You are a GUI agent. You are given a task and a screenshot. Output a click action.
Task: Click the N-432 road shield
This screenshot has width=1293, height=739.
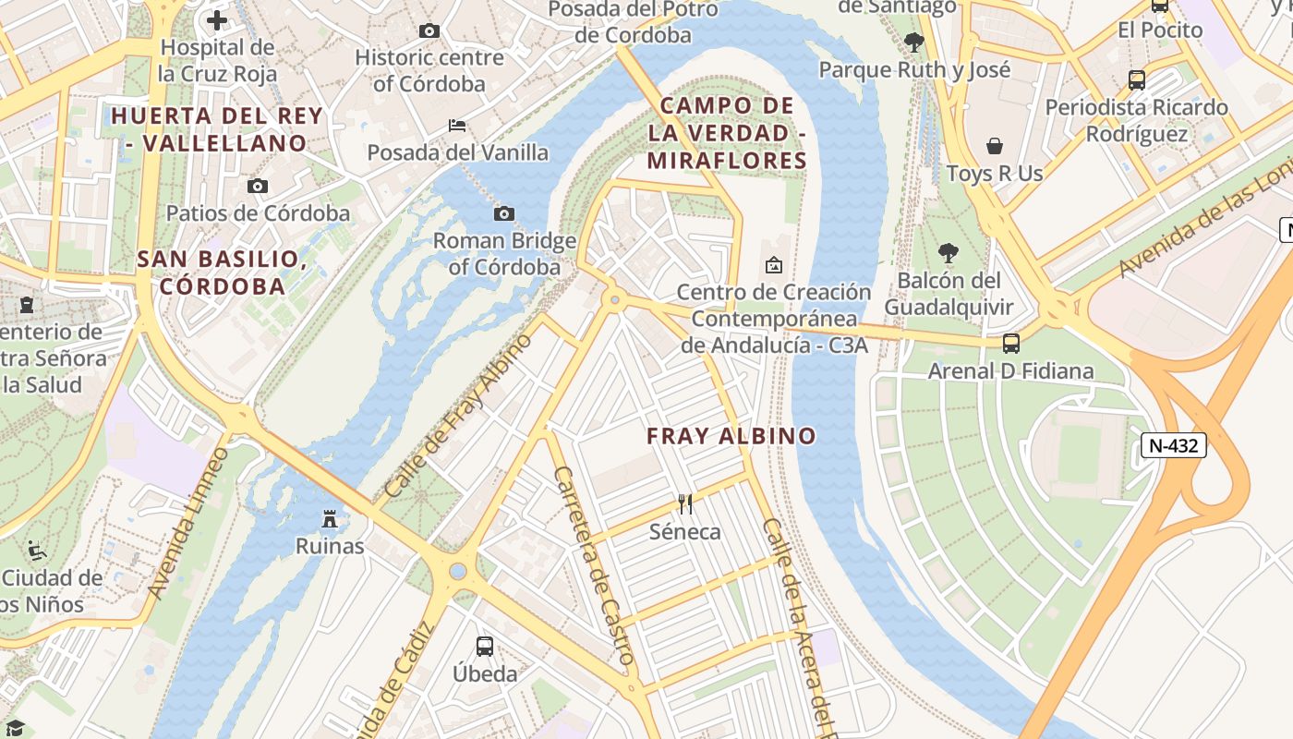(x=1174, y=446)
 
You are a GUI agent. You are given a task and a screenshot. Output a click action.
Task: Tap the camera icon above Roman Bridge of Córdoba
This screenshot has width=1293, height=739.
(x=503, y=214)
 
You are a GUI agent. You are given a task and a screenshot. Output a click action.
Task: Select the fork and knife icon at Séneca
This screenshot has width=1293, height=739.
(x=684, y=503)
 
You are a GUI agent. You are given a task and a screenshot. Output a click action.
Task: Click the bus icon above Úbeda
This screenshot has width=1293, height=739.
(x=485, y=646)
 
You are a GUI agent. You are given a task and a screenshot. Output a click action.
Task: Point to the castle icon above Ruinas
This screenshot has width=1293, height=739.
(x=330, y=518)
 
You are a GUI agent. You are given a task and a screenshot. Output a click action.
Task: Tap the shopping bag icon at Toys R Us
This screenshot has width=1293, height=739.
(x=995, y=146)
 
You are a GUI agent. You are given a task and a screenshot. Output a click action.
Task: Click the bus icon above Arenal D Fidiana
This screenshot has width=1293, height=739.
(x=1011, y=344)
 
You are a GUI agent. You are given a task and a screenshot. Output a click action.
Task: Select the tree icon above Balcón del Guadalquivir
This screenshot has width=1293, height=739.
(x=948, y=252)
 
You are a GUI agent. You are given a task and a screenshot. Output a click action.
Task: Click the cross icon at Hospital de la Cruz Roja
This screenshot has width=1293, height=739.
(x=217, y=19)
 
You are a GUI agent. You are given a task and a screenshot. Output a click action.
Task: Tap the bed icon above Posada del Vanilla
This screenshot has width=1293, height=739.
(x=457, y=125)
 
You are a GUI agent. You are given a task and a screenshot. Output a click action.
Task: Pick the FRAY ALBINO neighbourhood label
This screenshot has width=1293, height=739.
(x=731, y=436)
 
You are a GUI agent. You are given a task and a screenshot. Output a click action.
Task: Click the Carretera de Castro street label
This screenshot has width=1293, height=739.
(x=594, y=565)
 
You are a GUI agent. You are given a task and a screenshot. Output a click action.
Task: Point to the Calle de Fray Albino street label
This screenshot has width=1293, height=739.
(x=459, y=415)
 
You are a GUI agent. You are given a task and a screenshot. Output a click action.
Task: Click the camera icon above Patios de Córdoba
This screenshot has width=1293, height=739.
(x=258, y=186)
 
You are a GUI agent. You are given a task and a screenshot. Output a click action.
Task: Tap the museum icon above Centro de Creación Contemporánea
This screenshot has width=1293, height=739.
(x=774, y=266)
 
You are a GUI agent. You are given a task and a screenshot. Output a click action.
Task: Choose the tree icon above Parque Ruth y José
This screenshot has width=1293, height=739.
(x=914, y=42)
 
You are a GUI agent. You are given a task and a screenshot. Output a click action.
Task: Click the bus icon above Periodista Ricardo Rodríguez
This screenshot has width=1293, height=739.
(x=1137, y=79)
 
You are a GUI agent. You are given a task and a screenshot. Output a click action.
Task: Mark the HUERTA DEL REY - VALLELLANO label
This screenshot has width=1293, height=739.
(x=217, y=129)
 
